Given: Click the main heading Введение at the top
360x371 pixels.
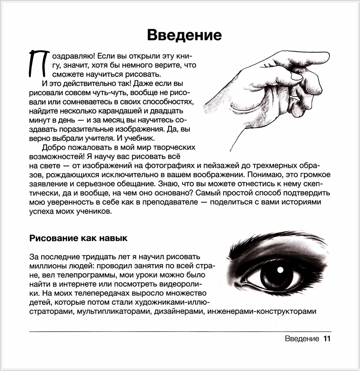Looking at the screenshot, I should (x=184, y=34).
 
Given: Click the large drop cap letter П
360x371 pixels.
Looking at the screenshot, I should (x=36, y=63).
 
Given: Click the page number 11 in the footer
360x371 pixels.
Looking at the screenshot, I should (x=326, y=339).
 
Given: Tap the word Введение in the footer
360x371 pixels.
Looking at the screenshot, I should (x=302, y=339).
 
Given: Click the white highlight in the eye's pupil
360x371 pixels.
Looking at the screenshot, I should (x=280, y=269).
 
